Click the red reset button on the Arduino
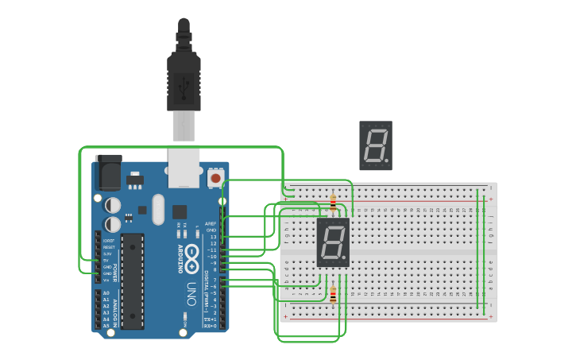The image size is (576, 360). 215,177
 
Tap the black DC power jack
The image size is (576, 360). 108,172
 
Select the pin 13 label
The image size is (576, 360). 212,237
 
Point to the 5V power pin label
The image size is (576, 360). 106,261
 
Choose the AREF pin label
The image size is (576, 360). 211,224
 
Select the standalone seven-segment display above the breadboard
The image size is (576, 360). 375,145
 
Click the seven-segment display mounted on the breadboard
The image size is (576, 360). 333,242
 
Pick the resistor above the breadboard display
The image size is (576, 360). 333,203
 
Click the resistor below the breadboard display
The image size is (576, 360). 332,295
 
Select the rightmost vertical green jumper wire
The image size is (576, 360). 484,247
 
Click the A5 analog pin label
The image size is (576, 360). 107,326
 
